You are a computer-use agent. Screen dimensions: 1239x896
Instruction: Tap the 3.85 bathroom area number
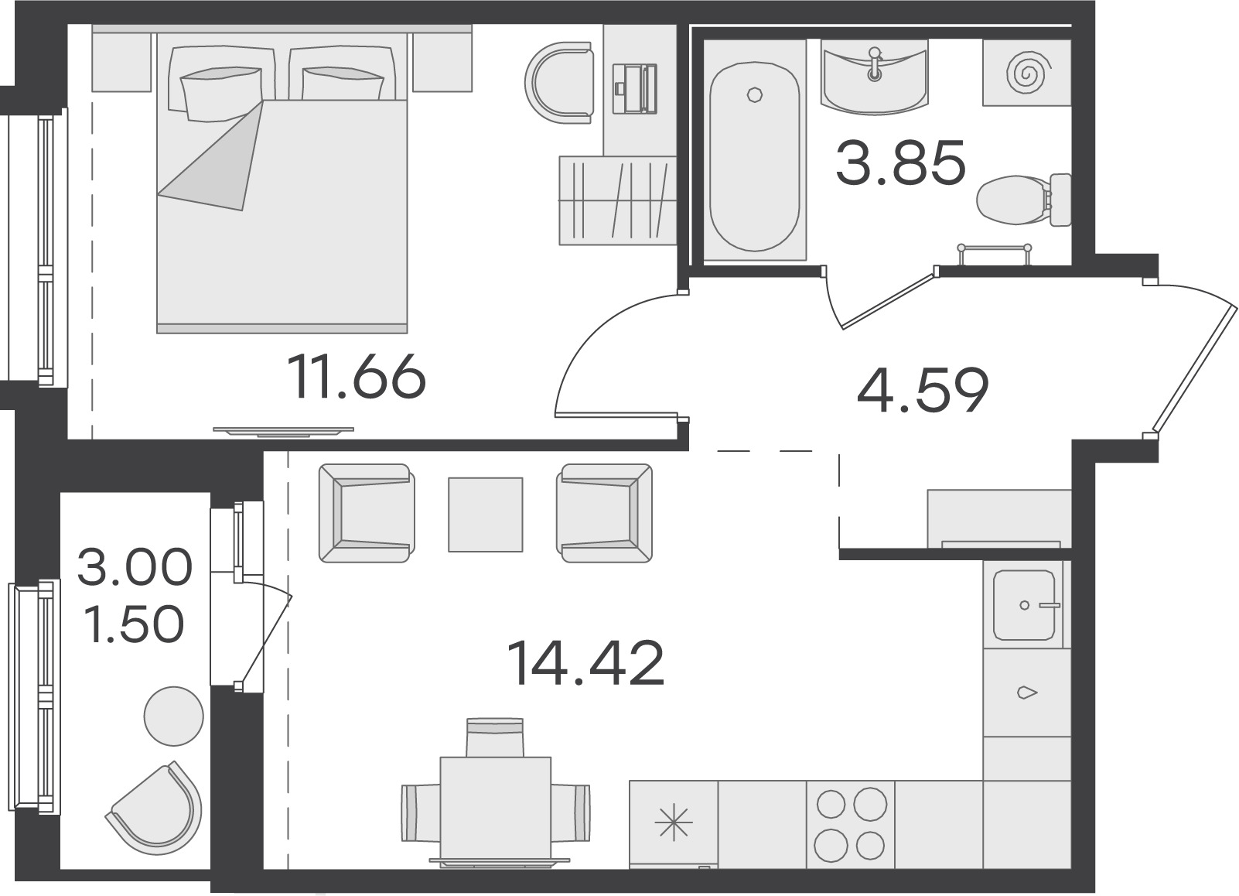tap(900, 162)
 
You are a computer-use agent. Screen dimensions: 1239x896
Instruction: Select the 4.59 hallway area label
tap(923, 390)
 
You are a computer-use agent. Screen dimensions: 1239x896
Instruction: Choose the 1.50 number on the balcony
tap(135, 624)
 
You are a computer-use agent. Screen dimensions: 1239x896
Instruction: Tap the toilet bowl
tap(1024, 200)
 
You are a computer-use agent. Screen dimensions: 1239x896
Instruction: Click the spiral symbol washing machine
tap(1026, 73)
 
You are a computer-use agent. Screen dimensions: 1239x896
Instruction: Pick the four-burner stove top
tap(851, 825)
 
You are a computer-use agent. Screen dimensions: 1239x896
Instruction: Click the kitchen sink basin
tap(1024, 605)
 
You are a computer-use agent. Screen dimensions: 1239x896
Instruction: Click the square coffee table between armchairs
tap(485, 515)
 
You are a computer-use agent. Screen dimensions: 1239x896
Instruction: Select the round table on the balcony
tap(174, 716)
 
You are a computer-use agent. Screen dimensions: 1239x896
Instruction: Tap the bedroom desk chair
tap(558, 83)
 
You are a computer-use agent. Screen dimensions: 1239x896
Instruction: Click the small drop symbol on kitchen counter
tap(1026, 692)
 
